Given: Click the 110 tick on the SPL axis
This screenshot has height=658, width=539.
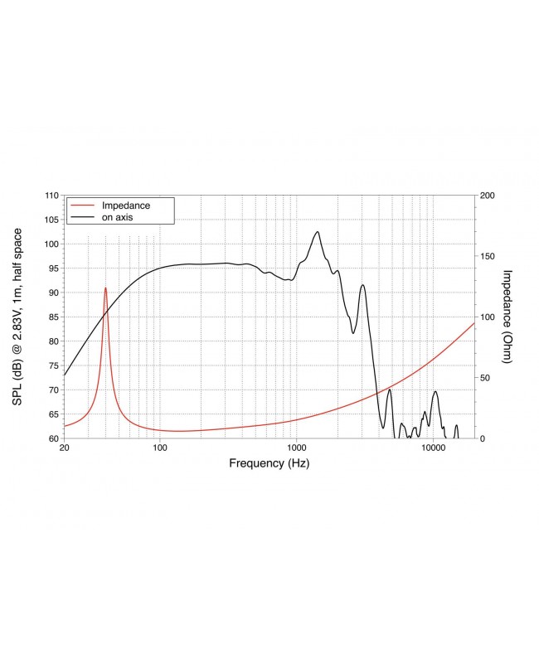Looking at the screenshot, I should coord(51,196).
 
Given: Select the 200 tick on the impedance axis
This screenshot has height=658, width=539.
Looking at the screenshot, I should coord(488,196).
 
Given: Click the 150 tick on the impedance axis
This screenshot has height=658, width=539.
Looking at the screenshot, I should coord(488,256).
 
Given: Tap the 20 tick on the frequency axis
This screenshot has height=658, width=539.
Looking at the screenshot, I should coord(64,448).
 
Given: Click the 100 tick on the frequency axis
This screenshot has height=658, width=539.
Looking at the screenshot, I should coord(160,448).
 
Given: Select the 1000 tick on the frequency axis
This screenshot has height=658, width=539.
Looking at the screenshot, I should coord(296,448).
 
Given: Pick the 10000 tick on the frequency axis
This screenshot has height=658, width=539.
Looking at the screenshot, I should coord(433,448).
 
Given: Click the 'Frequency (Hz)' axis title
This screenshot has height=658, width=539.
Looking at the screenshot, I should coord(269,464).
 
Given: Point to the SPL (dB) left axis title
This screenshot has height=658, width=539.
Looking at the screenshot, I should coord(17,317).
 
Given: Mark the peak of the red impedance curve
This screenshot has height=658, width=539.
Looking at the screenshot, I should coord(105,288).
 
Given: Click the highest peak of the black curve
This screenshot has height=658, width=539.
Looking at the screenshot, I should coord(317,231).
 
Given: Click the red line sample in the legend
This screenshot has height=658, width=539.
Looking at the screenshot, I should coord(83,205).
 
